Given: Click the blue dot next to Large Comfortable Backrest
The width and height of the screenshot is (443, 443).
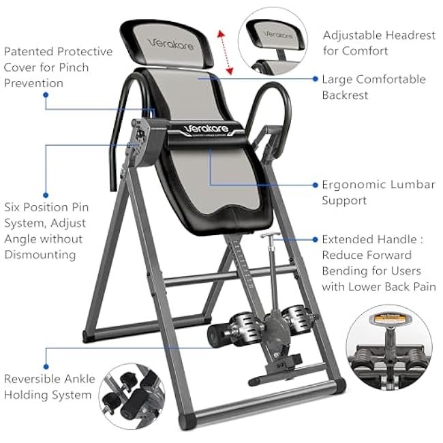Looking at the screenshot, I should point(316,79).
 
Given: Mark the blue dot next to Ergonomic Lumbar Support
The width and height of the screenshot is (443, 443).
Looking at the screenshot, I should point(316,185).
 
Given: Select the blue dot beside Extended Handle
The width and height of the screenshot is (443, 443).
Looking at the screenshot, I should point(316,239).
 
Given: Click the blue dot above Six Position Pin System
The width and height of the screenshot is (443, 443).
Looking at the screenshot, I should point(46,194).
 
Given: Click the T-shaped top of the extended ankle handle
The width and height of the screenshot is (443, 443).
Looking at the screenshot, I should point(271,236).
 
